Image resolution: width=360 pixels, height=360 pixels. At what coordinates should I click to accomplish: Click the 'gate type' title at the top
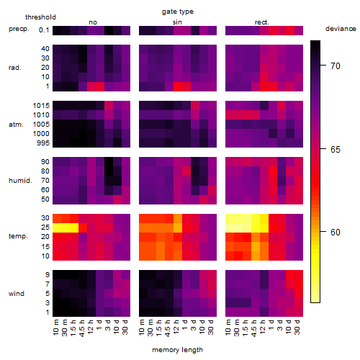click(x=178, y=12)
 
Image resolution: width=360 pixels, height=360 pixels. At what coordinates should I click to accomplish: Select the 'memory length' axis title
click(x=177, y=350)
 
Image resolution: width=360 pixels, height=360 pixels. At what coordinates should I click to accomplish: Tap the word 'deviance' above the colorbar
click(x=341, y=29)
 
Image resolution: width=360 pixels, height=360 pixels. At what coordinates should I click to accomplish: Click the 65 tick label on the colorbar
click(x=336, y=150)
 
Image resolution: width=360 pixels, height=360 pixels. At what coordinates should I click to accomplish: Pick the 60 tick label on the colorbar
click(x=336, y=232)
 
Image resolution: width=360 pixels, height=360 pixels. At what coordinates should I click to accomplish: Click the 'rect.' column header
click(x=262, y=22)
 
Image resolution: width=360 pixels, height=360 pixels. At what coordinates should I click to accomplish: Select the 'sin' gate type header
click(x=177, y=22)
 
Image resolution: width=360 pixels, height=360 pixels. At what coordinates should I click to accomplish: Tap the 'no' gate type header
click(x=93, y=22)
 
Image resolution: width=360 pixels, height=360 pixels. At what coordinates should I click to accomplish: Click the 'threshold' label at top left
click(x=40, y=17)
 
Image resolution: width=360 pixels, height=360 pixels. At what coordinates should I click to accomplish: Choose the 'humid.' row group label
click(x=20, y=181)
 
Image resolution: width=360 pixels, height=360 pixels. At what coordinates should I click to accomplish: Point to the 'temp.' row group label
click(x=18, y=236)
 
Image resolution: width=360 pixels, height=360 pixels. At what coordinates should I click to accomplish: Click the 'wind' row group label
click(x=17, y=294)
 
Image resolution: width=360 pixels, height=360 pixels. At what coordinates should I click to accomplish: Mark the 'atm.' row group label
click(x=16, y=125)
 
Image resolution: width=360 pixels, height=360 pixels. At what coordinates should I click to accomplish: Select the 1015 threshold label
click(x=41, y=106)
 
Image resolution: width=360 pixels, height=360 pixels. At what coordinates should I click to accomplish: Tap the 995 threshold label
click(x=43, y=143)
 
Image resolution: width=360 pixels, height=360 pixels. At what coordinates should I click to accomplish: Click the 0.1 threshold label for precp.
click(x=44, y=30)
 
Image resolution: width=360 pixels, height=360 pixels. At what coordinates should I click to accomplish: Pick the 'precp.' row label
click(x=19, y=29)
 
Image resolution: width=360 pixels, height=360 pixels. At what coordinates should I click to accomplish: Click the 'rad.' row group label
click(x=15, y=68)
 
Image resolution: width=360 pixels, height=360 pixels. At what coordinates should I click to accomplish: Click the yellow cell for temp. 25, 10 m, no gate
click(x=57, y=228)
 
